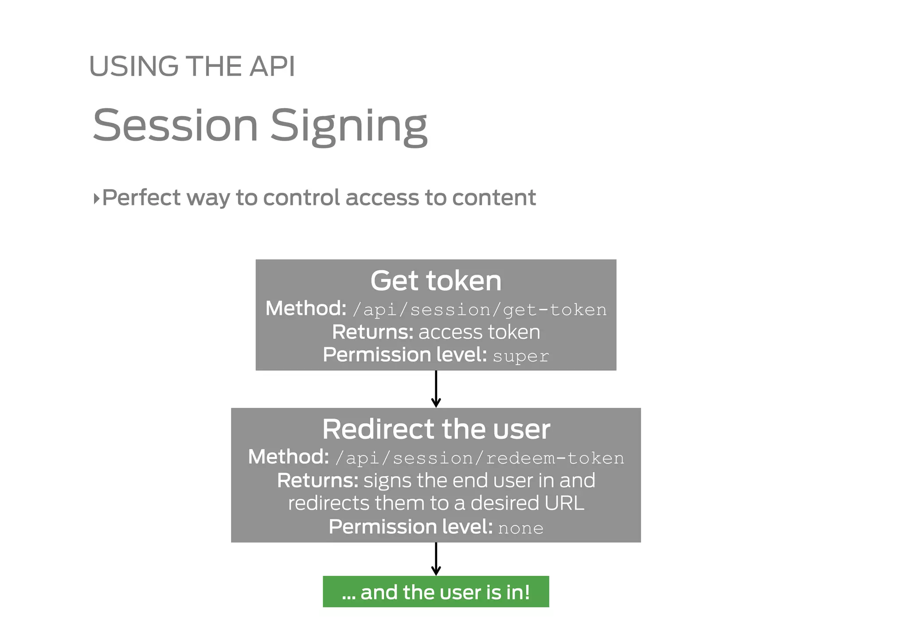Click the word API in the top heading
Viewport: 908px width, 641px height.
[272, 67]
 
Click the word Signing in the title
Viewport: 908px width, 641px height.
[348, 126]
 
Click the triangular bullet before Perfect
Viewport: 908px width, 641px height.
[96, 198]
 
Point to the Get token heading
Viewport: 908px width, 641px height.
[436, 281]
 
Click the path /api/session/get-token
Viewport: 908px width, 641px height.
[480, 310]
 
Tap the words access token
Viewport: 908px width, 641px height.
[479, 332]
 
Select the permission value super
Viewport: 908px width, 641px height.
[521, 356]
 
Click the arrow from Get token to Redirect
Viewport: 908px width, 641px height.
[436, 389]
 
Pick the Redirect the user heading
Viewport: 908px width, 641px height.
[436, 429]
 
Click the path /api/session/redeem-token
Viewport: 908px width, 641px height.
[480, 458]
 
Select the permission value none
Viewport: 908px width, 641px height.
[521, 528]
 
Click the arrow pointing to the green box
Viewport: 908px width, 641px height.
[436, 559]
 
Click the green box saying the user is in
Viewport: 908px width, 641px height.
[436, 592]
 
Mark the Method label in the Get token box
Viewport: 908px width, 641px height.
[305, 309]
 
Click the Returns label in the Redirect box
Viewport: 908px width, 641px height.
[317, 481]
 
